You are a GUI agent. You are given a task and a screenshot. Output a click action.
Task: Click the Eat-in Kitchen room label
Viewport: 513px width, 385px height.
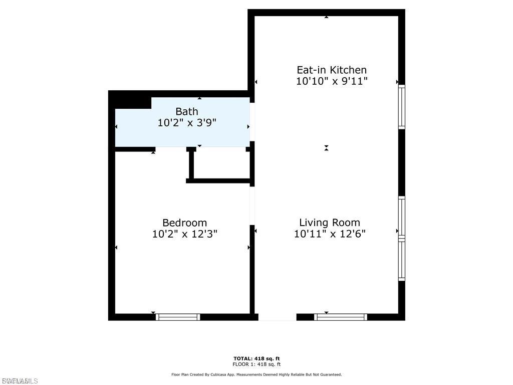332,70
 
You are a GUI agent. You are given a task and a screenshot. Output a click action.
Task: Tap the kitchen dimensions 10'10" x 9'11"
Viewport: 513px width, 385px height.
332,81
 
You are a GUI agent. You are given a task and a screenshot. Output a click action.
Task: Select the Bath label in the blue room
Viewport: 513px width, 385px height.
186,111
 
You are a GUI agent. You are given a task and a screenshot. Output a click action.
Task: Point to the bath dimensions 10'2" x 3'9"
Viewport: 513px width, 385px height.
187,122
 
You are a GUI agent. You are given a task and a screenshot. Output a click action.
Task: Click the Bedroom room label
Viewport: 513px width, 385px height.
184,223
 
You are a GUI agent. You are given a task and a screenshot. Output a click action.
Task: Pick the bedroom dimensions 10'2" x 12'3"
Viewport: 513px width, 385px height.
184,234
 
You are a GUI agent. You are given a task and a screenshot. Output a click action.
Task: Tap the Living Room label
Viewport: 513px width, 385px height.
330,223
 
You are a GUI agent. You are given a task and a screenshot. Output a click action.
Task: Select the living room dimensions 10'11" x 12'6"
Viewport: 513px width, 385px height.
330,234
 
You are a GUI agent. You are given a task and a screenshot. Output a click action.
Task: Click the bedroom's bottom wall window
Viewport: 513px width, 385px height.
178,317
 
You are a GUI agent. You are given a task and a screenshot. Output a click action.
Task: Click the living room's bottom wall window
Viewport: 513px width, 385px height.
341,317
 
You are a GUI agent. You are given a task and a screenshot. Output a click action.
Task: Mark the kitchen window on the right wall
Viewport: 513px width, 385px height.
401,107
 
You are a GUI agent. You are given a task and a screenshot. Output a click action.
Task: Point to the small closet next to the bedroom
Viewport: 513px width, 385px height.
220,163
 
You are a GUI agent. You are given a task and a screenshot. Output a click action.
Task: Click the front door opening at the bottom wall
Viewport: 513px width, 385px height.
277,317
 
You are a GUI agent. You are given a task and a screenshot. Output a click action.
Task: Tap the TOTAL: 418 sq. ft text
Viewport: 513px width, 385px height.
256,358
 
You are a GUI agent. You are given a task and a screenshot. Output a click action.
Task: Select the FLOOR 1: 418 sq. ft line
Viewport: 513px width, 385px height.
256,364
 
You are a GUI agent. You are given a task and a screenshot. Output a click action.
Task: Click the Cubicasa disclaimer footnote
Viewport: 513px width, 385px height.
256,374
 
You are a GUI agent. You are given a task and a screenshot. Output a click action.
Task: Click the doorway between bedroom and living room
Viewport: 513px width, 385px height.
252,206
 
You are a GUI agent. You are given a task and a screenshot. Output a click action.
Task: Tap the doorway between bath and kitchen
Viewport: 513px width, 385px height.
252,122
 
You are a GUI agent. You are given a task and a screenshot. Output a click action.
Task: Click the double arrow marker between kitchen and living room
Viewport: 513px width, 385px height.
326,148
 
